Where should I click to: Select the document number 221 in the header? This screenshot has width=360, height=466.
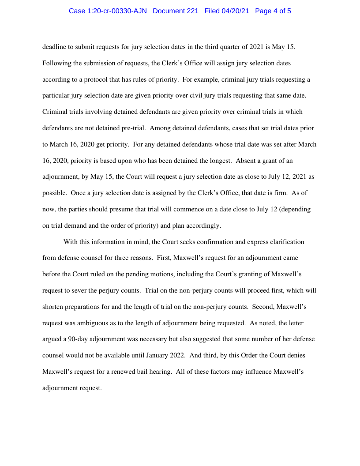click(191, 11)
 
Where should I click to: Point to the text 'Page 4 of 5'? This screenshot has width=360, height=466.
click(273, 11)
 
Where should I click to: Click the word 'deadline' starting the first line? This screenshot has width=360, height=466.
click(54, 47)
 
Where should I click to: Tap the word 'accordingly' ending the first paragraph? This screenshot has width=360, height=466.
click(201, 226)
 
